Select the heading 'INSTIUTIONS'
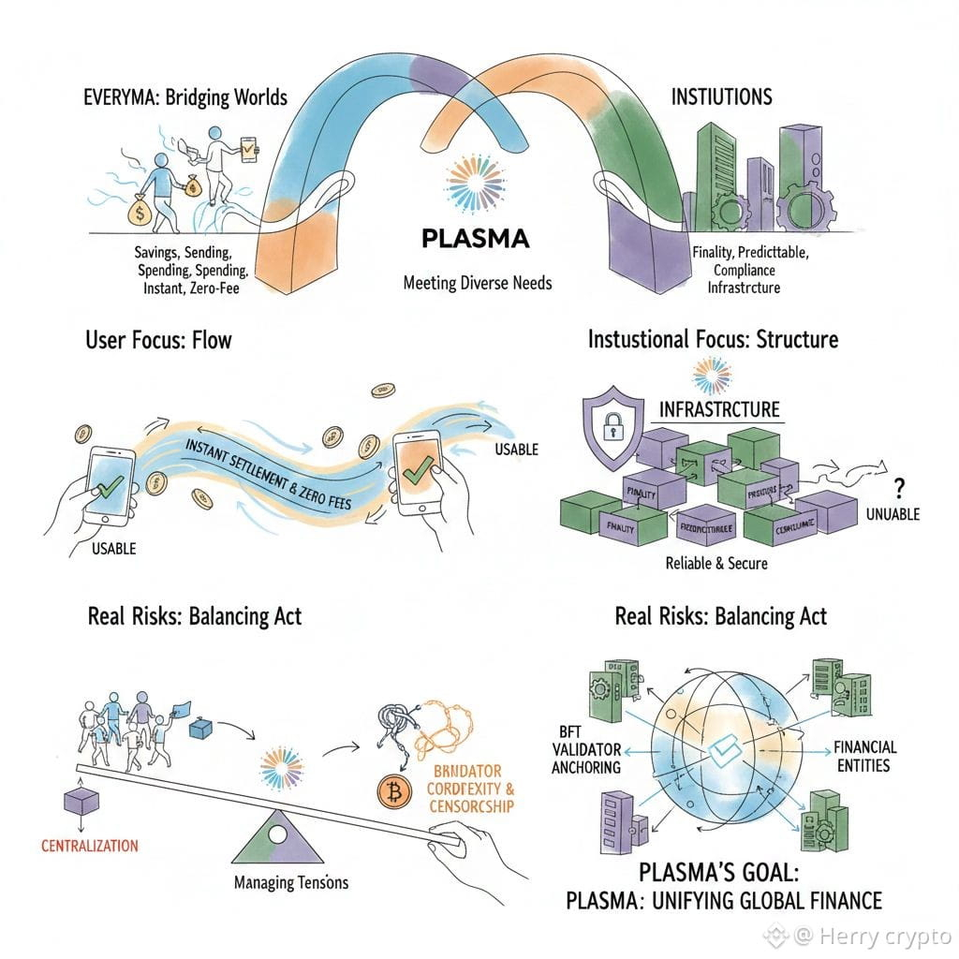coord(721,96)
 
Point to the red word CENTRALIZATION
coord(90,846)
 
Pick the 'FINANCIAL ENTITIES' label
coord(863,756)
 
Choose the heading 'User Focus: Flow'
coord(157,338)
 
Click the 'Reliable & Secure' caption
coord(716,563)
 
